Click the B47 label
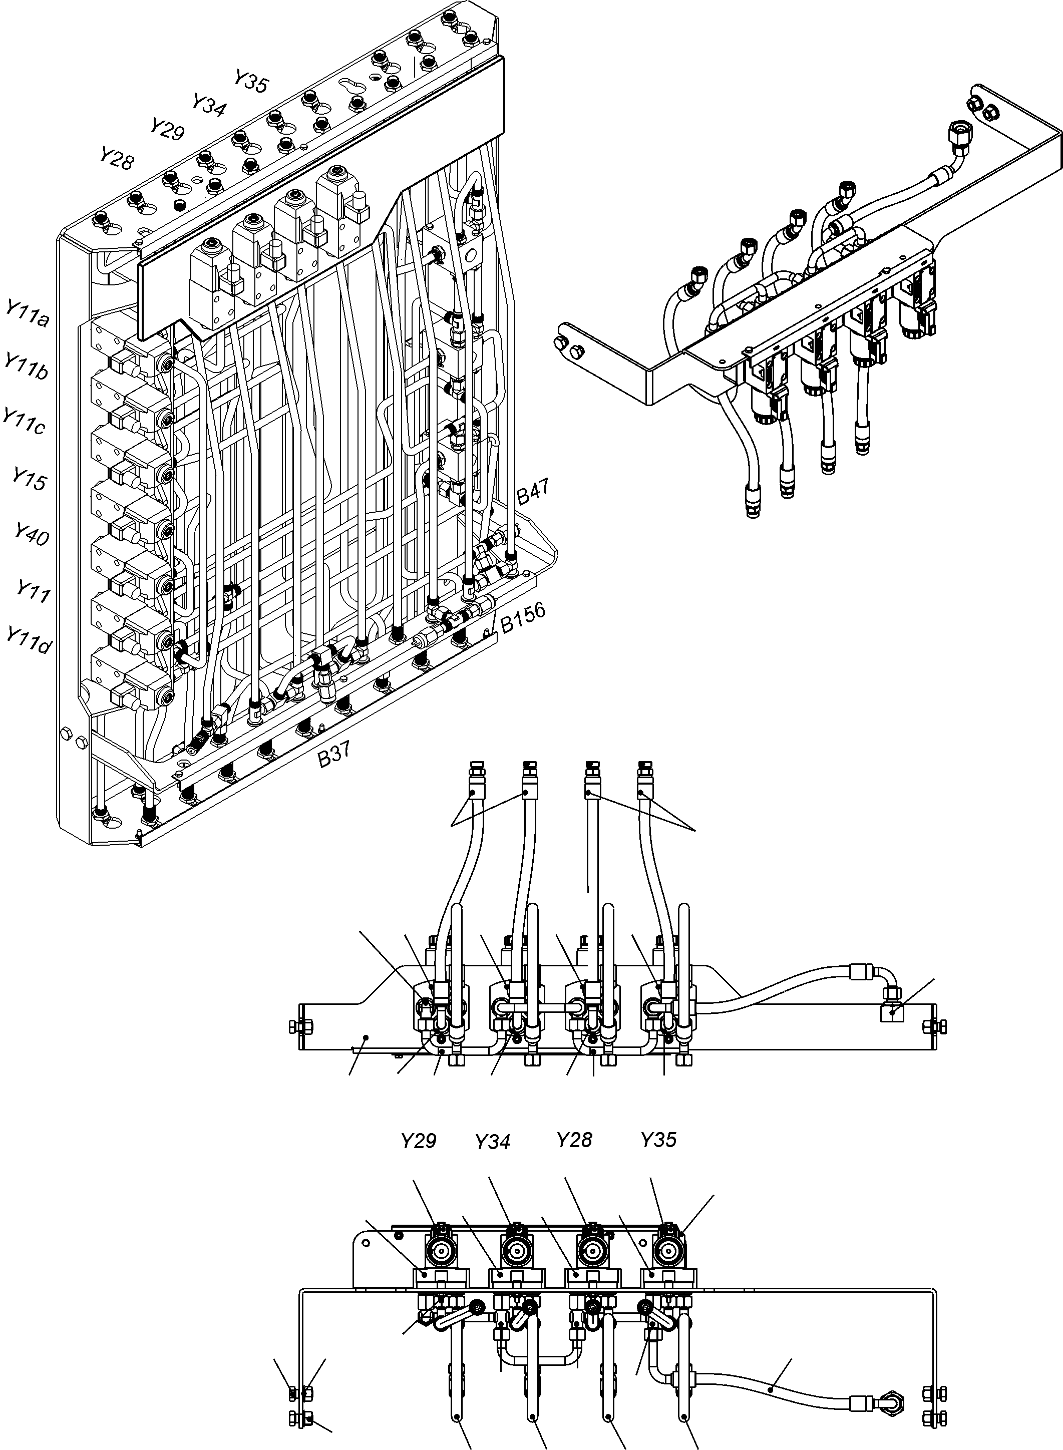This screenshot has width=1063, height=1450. click(x=533, y=492)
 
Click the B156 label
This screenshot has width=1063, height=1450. click(x=523, y=617)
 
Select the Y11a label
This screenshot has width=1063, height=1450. click(x=27, y=314)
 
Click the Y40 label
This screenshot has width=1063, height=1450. click(x=32, y=534)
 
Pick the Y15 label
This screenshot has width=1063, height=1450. click(x=29, y=479)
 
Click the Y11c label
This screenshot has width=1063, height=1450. click(x=24, y=422)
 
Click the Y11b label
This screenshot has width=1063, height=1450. click(x=26, y=367)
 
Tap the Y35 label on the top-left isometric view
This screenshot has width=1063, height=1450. click(x=250, y=82)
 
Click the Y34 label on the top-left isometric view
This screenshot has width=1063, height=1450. click(x=209, y=105)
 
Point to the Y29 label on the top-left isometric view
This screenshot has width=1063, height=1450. click(x=167, y=129)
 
